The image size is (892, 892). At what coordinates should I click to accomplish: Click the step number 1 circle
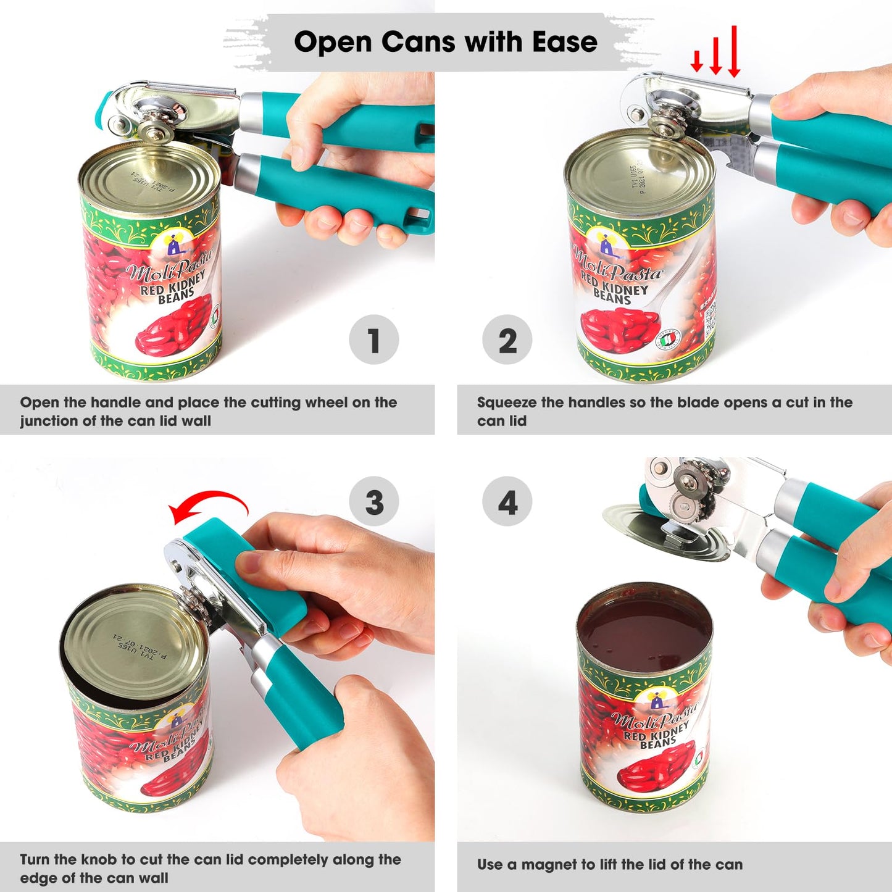tap(373, 340)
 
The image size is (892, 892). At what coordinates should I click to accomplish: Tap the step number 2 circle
tap(507, 340)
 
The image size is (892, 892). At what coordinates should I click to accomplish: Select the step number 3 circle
tap(373, 501)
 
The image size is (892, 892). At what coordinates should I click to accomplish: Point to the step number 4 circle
tap(507, 501)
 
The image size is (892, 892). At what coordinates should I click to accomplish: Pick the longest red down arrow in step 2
tap(734, 52)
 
